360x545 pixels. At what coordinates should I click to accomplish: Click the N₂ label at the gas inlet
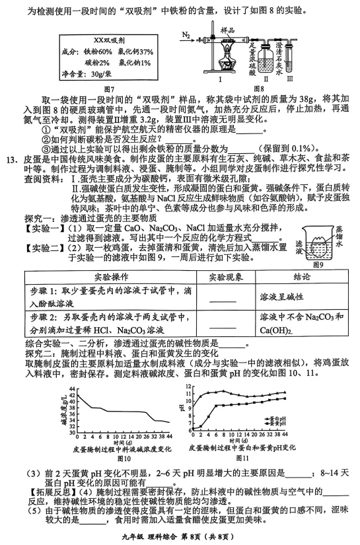[x=187, y=33]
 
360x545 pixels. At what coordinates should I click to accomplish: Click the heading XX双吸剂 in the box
[x=109, y=40]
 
